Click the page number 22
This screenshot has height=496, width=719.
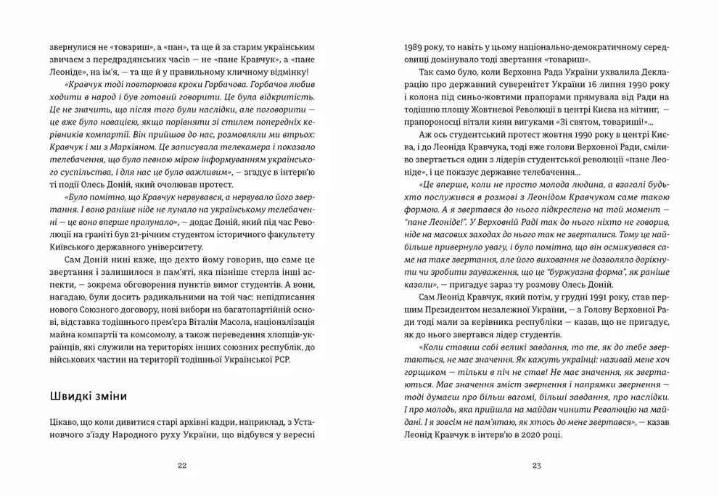[x=182, y=465]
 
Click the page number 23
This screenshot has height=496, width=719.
[x=536, y=465]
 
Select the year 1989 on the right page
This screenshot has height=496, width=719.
[x=416, y=46]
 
